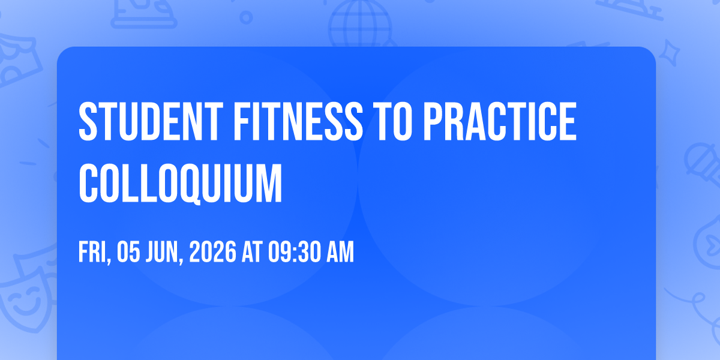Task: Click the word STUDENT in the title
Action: pos(151,121)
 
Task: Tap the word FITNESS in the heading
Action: pos(298,121)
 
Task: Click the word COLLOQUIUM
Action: pos(181,184)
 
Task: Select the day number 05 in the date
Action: pos(128,252)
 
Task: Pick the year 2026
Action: pos(213,252)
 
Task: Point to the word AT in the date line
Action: pos(253,252)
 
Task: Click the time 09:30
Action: pos(295,252)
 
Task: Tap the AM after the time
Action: pos(340,252)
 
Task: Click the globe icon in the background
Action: pos(360,23)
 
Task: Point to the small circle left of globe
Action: pos(246,17)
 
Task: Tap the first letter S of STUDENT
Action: pos(88,121)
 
